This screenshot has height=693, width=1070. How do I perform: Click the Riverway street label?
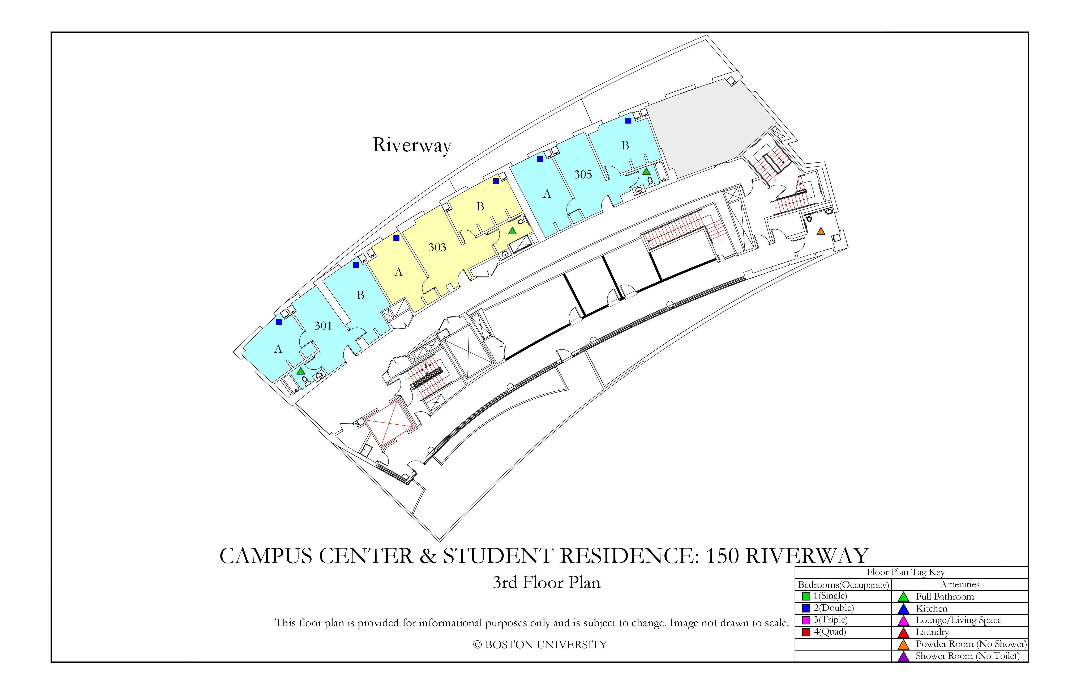412,145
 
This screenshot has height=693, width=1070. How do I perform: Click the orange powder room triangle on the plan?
821,231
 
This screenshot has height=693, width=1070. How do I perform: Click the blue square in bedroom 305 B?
628,121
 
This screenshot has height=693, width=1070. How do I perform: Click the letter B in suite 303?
480,207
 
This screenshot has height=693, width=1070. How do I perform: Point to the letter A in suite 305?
547,194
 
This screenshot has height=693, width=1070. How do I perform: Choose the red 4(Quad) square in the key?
806,632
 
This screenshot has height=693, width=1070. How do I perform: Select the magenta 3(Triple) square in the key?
806,620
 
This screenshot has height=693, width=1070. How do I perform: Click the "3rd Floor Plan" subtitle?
547,583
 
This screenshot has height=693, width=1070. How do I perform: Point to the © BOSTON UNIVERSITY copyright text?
540,645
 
